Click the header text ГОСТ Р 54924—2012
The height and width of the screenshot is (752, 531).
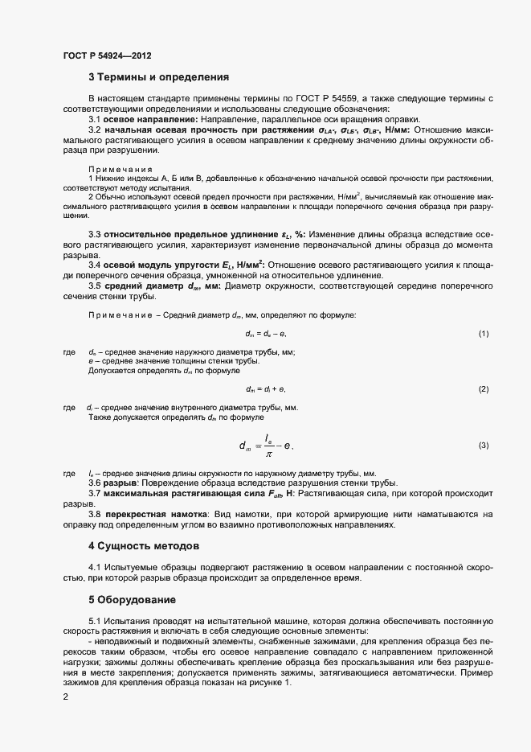point(107,55)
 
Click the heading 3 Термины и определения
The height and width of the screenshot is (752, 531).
point(158,77)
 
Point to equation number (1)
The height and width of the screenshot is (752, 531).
point(484,333)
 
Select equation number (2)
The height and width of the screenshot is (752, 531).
point(484,389)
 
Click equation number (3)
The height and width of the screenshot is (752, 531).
point(484,445)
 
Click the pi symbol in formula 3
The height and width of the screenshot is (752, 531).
point(270,452)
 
